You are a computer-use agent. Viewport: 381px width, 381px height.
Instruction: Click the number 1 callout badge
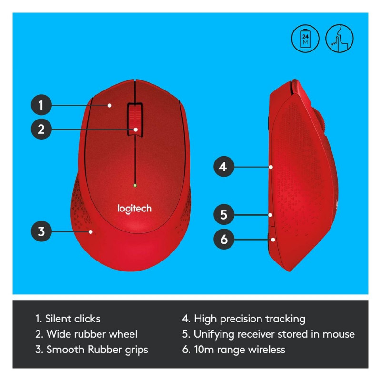(41, 105)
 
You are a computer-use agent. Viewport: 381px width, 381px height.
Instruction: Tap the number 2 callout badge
(41, 129)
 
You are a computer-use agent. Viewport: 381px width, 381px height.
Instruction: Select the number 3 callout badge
(41, 231)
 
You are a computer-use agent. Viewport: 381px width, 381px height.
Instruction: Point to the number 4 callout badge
(223, 167)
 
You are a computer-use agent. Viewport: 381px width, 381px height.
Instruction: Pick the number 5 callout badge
(223, 215)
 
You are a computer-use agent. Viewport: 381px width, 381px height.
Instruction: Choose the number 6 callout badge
(223, 239)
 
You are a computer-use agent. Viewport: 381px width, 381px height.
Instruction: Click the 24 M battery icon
(305, 39)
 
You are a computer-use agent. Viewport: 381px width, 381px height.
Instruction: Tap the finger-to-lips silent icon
(340, 39)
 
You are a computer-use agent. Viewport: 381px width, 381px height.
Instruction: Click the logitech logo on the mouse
(134, 209)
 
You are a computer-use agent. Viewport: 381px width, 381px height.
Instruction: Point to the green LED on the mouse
(135, 185)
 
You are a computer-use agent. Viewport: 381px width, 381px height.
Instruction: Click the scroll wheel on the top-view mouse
(135, 120)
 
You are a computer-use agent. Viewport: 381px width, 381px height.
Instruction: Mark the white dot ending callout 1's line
(110, 105)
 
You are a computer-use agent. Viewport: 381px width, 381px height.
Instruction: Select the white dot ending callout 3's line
(90, 232)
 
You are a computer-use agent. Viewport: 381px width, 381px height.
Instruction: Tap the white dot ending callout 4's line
(271, 167)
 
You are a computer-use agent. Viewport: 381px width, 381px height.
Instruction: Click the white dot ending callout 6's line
(273, 240)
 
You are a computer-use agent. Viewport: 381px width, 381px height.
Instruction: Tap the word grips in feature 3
(136, 350)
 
